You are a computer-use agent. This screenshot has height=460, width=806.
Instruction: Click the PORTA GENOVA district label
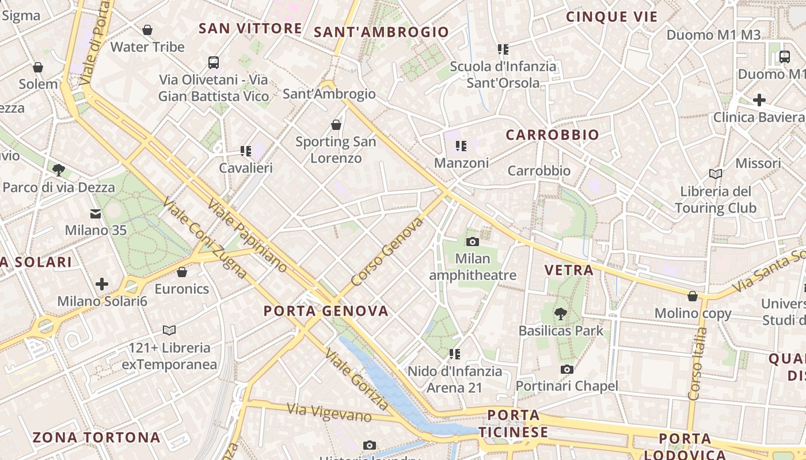(326, 311)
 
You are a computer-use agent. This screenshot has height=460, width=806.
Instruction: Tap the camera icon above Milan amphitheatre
(473, 241)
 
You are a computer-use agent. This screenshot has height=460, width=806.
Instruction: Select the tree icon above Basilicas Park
(561, 313)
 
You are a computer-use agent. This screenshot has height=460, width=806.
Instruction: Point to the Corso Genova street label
(387, 251)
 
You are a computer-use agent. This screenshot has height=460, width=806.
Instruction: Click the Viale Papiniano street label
(247, 236)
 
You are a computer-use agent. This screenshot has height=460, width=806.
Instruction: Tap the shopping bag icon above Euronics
(182, 272)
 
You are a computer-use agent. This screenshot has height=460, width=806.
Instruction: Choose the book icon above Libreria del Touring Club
(716, 174)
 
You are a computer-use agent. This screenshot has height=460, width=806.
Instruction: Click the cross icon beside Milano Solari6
(102, 284)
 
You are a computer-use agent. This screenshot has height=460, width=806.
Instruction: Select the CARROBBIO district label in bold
(552, 135)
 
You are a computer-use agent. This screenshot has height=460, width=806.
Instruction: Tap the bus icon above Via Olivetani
(214, 62)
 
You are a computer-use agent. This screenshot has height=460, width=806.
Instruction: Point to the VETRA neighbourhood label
(569, 270)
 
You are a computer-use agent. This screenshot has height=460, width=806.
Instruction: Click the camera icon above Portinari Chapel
(567, 369)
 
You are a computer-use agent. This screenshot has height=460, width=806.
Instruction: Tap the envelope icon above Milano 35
(96, 214)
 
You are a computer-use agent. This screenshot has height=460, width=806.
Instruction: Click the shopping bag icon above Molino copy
(693, 297)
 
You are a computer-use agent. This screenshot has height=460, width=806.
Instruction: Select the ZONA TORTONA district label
(96, 438)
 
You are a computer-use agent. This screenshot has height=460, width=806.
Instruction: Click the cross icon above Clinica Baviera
(759, 100)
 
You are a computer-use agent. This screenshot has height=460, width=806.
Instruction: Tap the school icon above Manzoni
(461, 146)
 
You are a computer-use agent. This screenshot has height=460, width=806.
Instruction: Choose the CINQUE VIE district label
(611, 17)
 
